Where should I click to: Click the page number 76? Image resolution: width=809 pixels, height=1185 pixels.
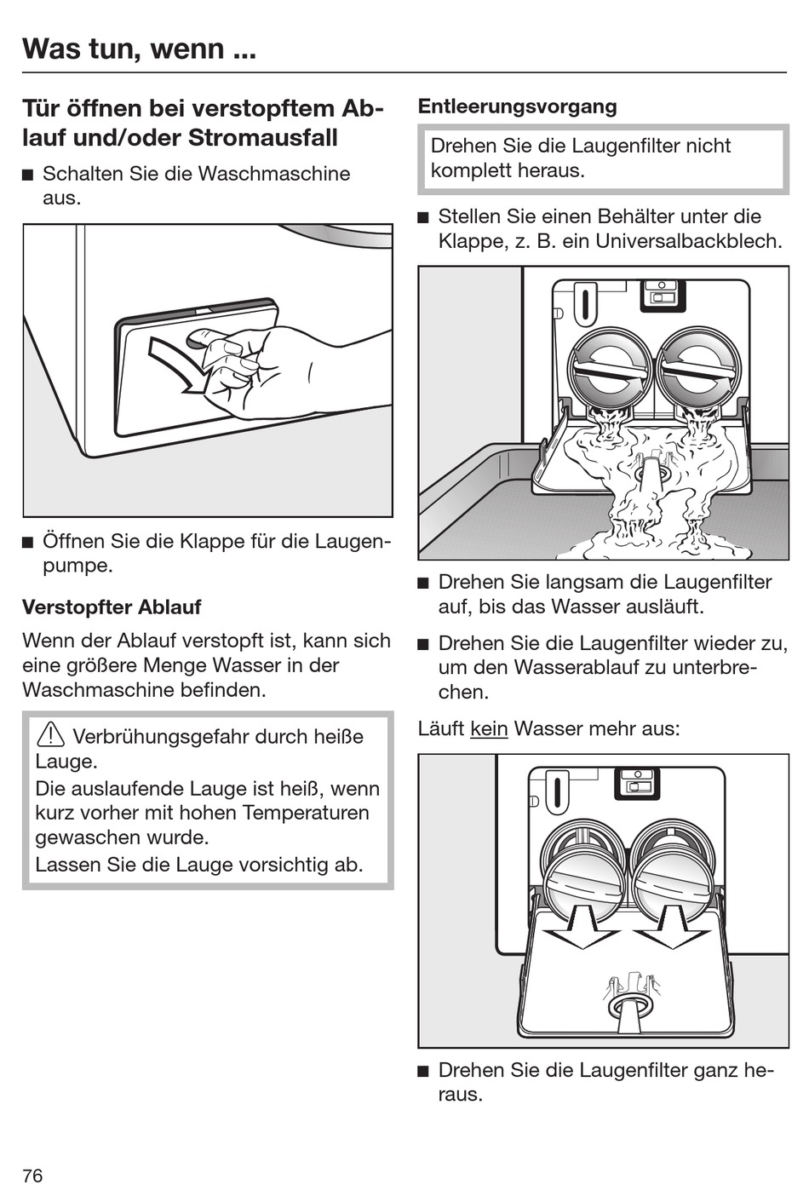pos(32,1176)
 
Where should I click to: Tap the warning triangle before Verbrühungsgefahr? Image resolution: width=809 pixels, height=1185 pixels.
pos(51,734)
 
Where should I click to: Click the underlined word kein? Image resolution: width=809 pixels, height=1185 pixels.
pos(488,728)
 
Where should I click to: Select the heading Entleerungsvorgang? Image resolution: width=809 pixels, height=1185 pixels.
pos(517,106)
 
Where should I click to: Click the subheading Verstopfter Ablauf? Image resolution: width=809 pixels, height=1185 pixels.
pos(112,607)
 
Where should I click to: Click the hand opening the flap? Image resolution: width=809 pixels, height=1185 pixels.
pos(255,366)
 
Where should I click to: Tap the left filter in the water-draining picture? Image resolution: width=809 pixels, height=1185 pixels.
pos(611,368)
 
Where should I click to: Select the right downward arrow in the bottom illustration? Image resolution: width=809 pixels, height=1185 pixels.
pos(673,928)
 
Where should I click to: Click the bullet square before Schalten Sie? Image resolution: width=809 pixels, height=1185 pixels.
pos(28,175)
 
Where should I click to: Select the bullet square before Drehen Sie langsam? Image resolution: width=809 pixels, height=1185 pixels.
pos(423,584)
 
